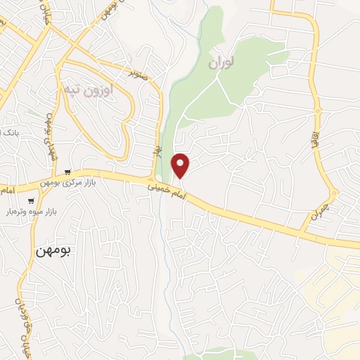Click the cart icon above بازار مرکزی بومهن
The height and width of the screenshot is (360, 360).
click(x=67, y=171)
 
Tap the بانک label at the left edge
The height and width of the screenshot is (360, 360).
click(x=8, y=132)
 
